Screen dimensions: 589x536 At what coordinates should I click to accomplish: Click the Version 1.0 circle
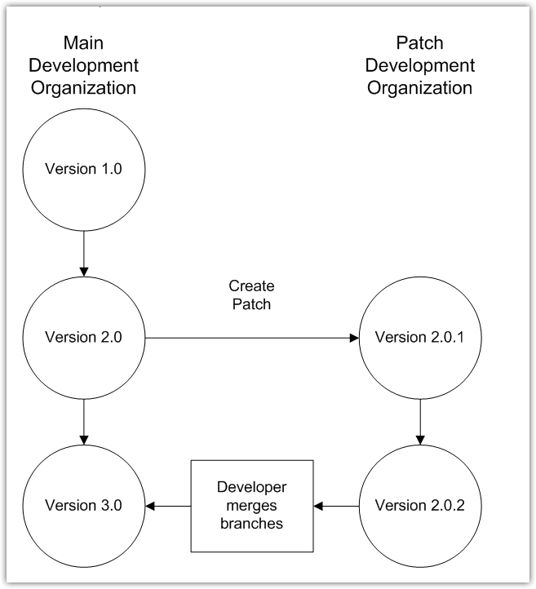(x=85, y=170)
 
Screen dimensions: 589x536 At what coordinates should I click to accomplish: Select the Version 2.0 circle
(x=85, y=337)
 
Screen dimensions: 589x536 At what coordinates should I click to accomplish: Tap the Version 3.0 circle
(x=85, y=506)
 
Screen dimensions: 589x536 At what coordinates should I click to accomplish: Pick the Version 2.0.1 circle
(x=419, y=337)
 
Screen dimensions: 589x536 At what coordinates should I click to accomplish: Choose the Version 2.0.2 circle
(x=419, y=506)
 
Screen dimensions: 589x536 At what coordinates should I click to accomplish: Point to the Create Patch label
(x=251, y=296)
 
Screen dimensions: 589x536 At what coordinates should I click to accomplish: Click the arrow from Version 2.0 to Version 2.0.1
(x=252, y=337)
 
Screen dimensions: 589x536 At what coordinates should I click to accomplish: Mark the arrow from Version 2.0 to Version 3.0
(x=85, y=421)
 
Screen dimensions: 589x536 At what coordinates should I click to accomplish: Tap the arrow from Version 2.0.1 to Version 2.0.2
(x=419, y=421)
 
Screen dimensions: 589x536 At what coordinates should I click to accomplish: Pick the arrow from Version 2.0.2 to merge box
(x=336, y=506)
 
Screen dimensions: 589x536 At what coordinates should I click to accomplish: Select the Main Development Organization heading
(x=85, y=65)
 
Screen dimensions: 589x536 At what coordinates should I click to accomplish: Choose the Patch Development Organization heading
(x=419, y=65)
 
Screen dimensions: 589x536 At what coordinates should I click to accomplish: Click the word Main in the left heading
(x=85, y=43)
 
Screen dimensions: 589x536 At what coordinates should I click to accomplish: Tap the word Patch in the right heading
(x=419, y=43)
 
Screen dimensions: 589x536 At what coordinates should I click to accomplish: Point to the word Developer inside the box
(x=251, y=488)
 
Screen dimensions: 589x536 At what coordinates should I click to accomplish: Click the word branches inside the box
(x=251, y=524)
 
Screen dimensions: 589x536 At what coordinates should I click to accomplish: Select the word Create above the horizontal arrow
(x=251, y=287)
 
